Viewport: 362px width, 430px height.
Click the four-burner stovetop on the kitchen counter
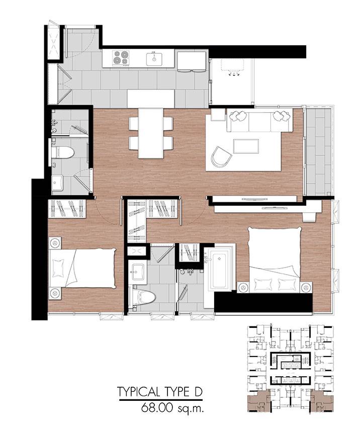click(x=121, y=58)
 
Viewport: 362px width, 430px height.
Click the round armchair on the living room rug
click(x=221, y=156)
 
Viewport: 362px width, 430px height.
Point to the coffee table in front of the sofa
click(x=246, y=146)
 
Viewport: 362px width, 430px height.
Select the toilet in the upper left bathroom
click(x=62, y=153)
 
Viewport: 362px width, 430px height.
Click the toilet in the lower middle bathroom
click(x=144, y=297)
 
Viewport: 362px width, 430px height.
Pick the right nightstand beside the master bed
click(x=306, y=287)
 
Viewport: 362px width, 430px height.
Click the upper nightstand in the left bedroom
click(x=55, y=243)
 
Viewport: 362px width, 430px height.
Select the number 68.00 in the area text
click(x=157, y=408)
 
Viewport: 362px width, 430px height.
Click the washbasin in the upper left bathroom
click(x=58, y=183)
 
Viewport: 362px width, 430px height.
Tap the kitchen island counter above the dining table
click(x=151, y=99)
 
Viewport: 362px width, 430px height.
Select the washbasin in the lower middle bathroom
click(x=139, y=272)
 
